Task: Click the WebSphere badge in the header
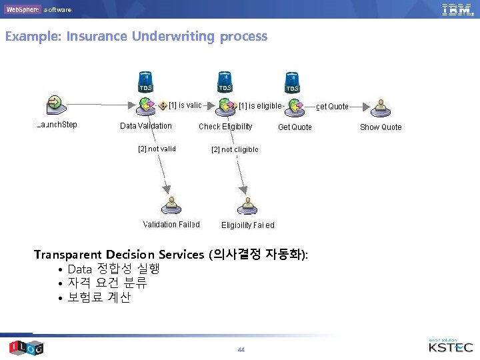(x=22, y=9)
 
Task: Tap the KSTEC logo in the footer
(x=451, y=347)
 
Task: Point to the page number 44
(x=241, y=349)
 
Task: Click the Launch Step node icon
(x=54, y=104)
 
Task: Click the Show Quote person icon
(x=381, y=107)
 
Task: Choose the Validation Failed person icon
(x=171, y=204)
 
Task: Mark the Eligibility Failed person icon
(x=247, y=204)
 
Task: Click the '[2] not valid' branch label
(x=157, y=149)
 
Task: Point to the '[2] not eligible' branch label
(x=235, y=149)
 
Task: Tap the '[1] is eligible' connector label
(x=260, y=105)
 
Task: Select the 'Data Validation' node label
(x=145, y=126)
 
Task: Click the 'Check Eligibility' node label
(x=225, y=127)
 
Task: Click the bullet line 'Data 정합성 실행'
(x=113, y=269)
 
